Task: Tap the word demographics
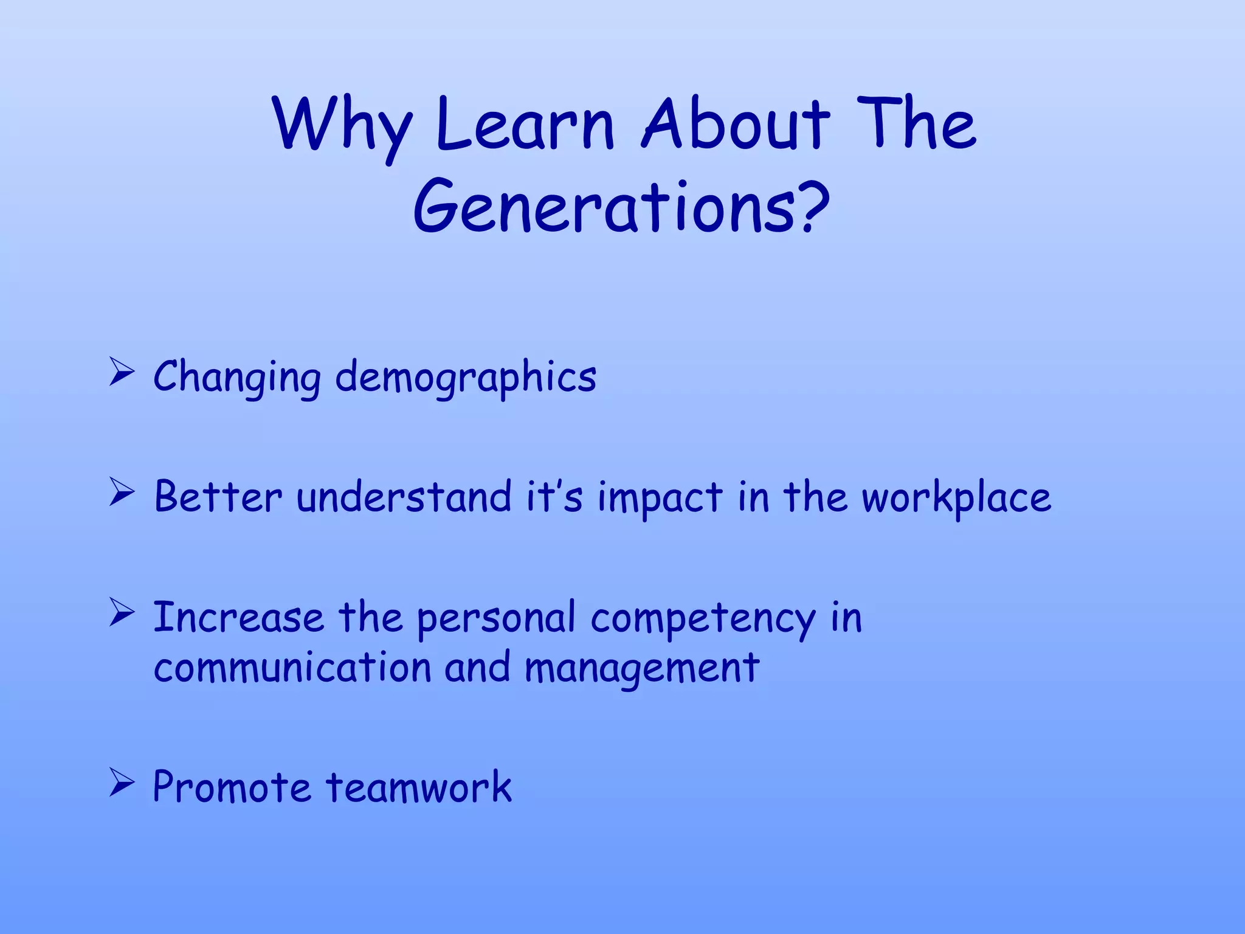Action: coord(466,377)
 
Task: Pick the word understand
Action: coord(404,497)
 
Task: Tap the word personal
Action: coord(496,618)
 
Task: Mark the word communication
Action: coord(292,667)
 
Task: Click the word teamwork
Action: coord(419,787)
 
